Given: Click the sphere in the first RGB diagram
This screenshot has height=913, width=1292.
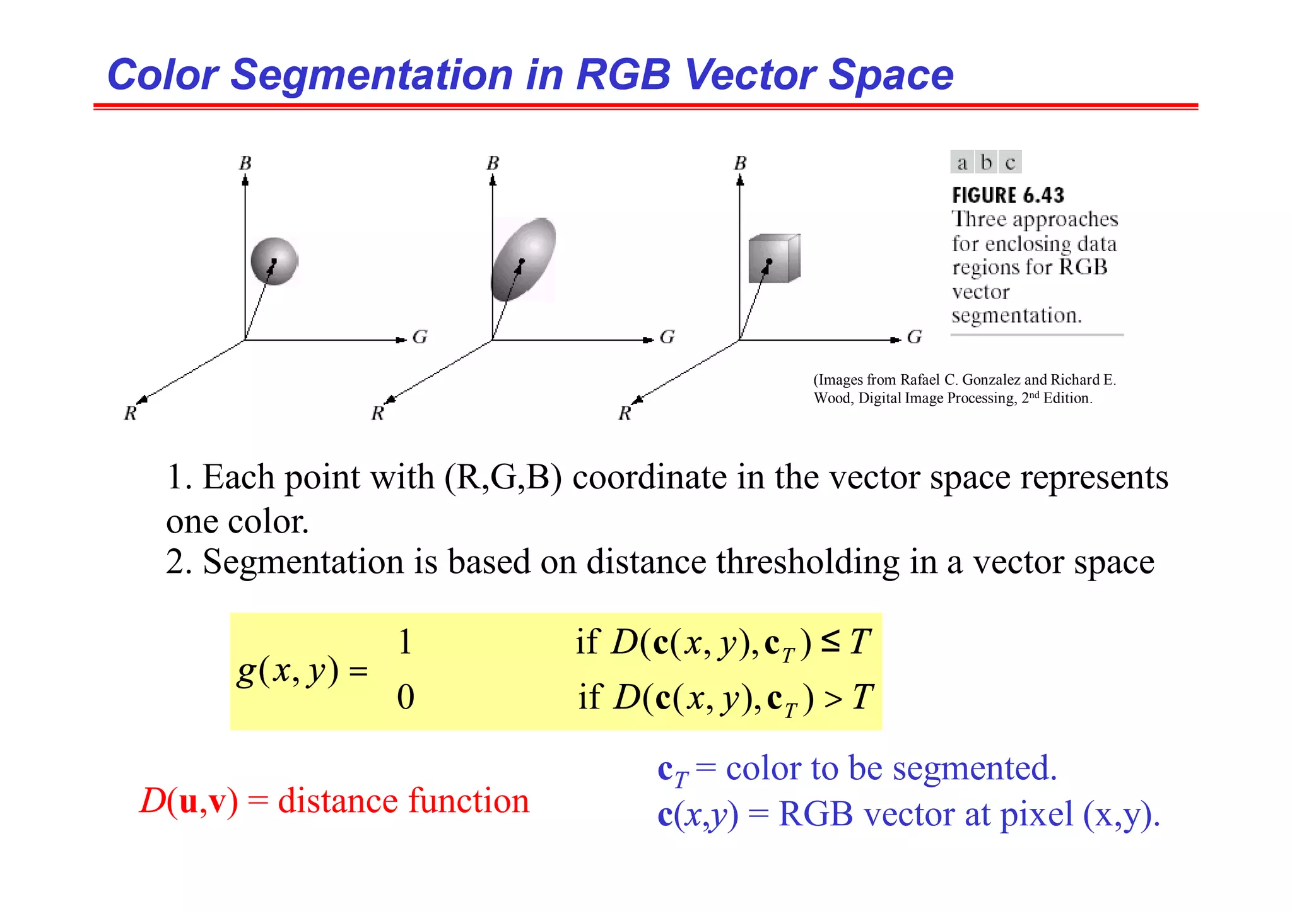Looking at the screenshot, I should click(x=274, y=261).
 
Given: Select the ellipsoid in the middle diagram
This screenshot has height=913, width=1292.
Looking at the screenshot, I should click(x=524, y=259).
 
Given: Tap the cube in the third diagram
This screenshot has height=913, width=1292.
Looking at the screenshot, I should click(x=773, y=259).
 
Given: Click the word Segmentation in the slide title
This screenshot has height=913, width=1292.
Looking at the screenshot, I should click(x=373, y=74).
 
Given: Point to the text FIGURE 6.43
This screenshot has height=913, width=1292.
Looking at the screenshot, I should click(x=1007, y=196).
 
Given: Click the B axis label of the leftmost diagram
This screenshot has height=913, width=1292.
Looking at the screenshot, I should click(x=245, y=163).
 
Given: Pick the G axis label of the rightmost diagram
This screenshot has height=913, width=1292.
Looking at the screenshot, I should click(x=915, y=338).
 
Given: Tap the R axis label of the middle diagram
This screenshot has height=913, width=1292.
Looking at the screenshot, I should click(x=377, y=413).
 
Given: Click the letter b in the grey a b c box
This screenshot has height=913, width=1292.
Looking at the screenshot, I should click(x=986, y=162).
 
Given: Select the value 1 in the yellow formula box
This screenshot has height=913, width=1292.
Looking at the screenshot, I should click(x=405, y=642).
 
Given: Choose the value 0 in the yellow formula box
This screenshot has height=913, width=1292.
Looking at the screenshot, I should click(x=406, y=697).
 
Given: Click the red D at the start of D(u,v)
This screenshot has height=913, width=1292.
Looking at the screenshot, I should click(x=152, y=801).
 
